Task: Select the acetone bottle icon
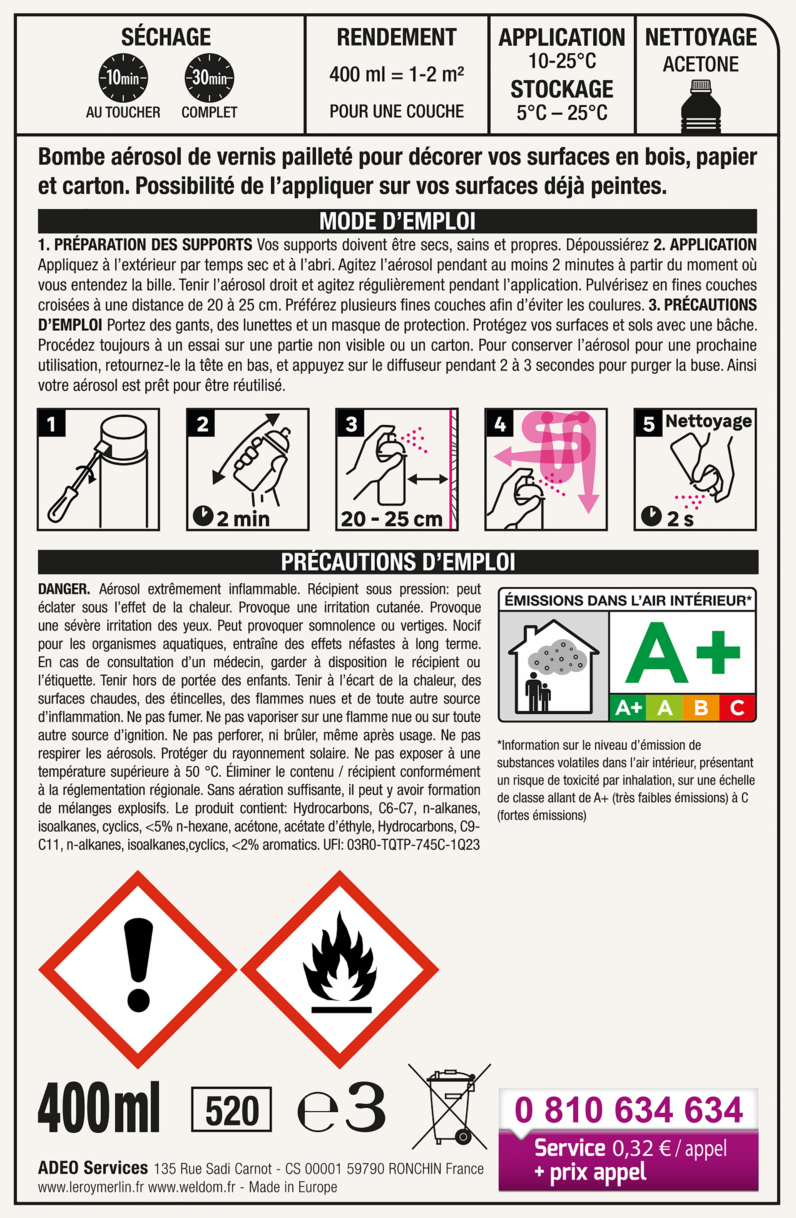pyautogui.click(x=701, y=106)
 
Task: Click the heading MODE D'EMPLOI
pyautogui.click(x=397, y=221)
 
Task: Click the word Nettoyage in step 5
pyautogui.click(x=708, y=421)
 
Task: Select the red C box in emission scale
pyautogui.click(x=737, y=708)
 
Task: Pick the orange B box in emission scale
pyautogui.click(x=701, y=708)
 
